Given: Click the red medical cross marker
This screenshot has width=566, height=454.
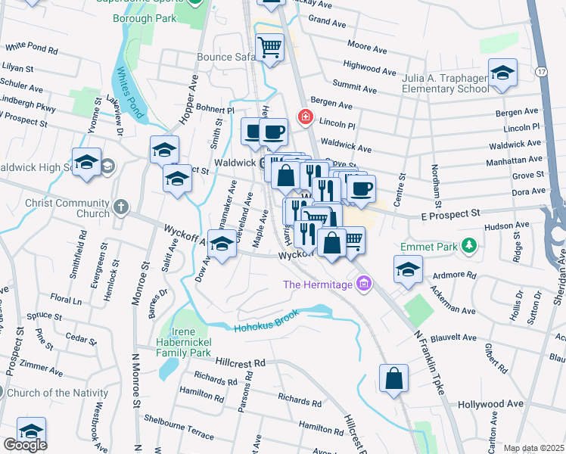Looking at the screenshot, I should coord(305,117).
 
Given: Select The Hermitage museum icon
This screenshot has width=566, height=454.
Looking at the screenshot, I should coord(364,284).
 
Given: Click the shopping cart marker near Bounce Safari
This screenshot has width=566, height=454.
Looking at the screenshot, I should coord(269,48).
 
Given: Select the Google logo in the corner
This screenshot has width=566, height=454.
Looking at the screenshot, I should coord(24,445).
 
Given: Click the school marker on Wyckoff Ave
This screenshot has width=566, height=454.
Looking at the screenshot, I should coord(222,245).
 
